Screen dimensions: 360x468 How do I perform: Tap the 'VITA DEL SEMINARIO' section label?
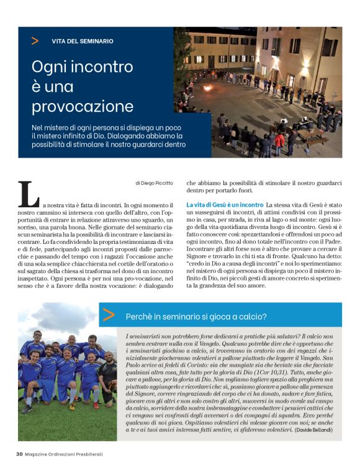point(82,41)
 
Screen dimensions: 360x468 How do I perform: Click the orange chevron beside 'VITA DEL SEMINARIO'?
point(35,41)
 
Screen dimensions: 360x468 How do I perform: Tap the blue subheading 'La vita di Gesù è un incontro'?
point(225,205)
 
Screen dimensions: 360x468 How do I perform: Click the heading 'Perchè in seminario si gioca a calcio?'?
point(196,317)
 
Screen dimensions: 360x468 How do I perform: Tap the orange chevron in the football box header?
point(109,315)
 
